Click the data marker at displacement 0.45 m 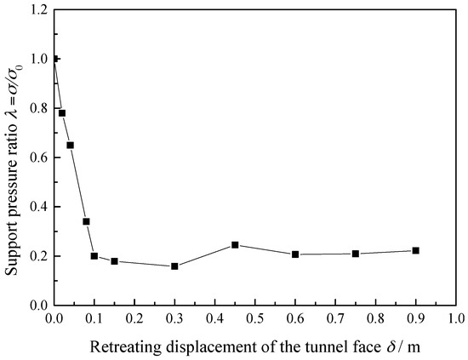click(x=235, y=245)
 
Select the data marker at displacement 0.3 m click(x=174, y=266)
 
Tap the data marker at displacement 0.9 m click(x=415, y=250)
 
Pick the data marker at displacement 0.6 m click(x=295, y=254)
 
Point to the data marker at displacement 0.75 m click(x=356, y=254)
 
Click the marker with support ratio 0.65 click(x=70, y=146)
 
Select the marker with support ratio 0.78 click(x=62, y=113)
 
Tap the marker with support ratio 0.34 click(x=86, y=221)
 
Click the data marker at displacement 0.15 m click(x=114, y=261)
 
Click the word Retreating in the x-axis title click(x=125, y=346)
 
